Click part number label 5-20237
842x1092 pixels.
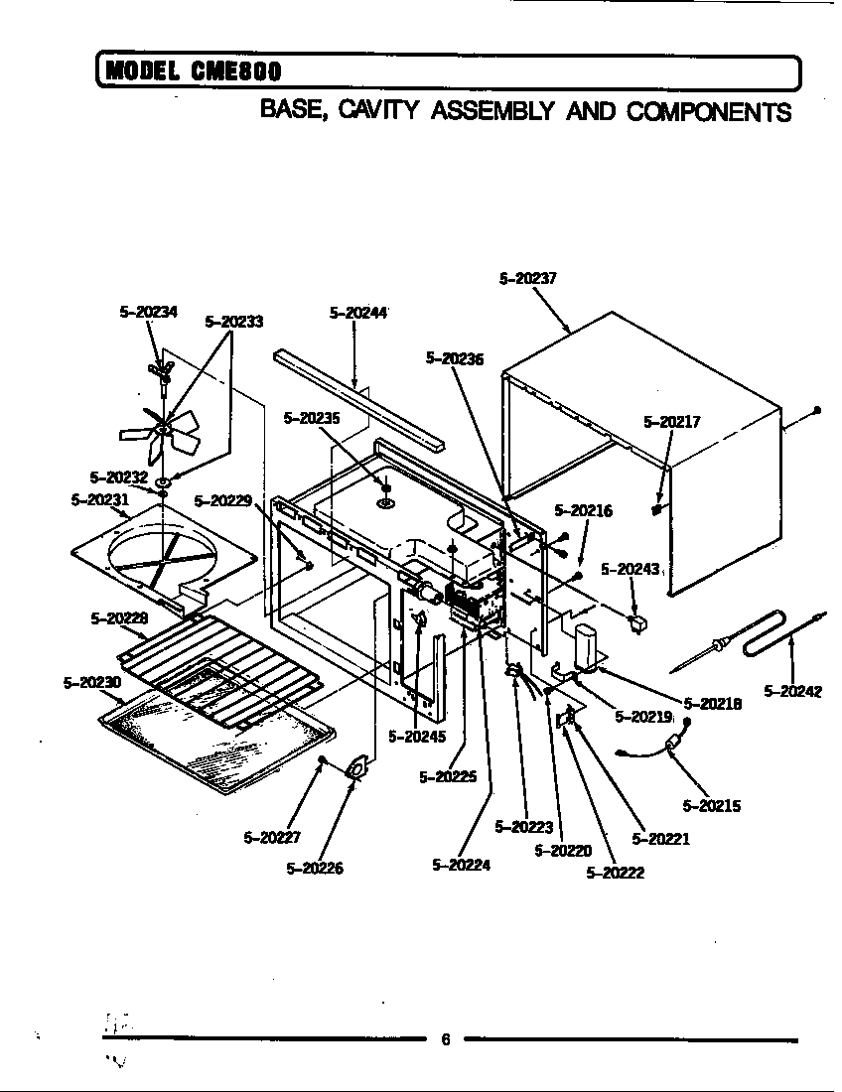[527, 279]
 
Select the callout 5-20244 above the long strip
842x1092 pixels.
[357, 313]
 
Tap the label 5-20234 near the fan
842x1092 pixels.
[148, 312]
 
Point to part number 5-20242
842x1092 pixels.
[792, 691]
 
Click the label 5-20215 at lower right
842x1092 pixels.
[712, 806]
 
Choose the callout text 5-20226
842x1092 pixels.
[315, 869]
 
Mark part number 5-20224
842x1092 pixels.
[462, 865]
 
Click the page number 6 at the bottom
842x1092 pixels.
[445, 1039]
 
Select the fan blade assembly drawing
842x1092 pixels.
[161, 429]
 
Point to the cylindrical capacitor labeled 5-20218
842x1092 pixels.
[585, 645]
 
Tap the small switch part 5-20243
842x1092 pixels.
[636, 624]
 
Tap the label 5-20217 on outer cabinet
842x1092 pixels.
[672, 421]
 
